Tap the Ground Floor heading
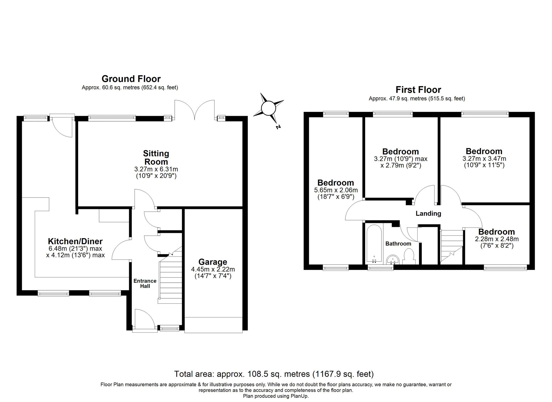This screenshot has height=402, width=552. [x=131, y=79]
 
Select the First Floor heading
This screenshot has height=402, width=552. [x=418, y=90]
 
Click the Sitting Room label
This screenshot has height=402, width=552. [x=156, y=157]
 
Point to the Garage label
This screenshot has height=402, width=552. [x=213, y=262]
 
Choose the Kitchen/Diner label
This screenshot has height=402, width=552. [x=75, y=241]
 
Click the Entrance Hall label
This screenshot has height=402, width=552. [x=145, y=283]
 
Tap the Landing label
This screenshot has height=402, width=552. [x=428, y=213]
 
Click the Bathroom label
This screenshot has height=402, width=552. [x=398, y=243]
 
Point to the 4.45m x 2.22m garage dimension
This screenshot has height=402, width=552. [x=213, y=269]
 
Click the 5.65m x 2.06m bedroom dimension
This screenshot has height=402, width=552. [x=336, y=190]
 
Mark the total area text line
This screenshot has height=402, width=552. [x=274, y=374]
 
